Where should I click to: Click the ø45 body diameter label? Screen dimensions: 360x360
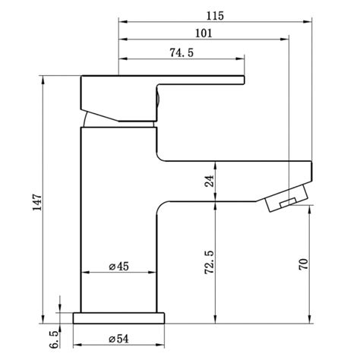pos(122,267)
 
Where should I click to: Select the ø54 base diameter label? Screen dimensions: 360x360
pos(121,337)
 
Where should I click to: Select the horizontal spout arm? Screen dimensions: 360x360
pos(235,169)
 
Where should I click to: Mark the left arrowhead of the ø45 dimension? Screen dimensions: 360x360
pos(84,273)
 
